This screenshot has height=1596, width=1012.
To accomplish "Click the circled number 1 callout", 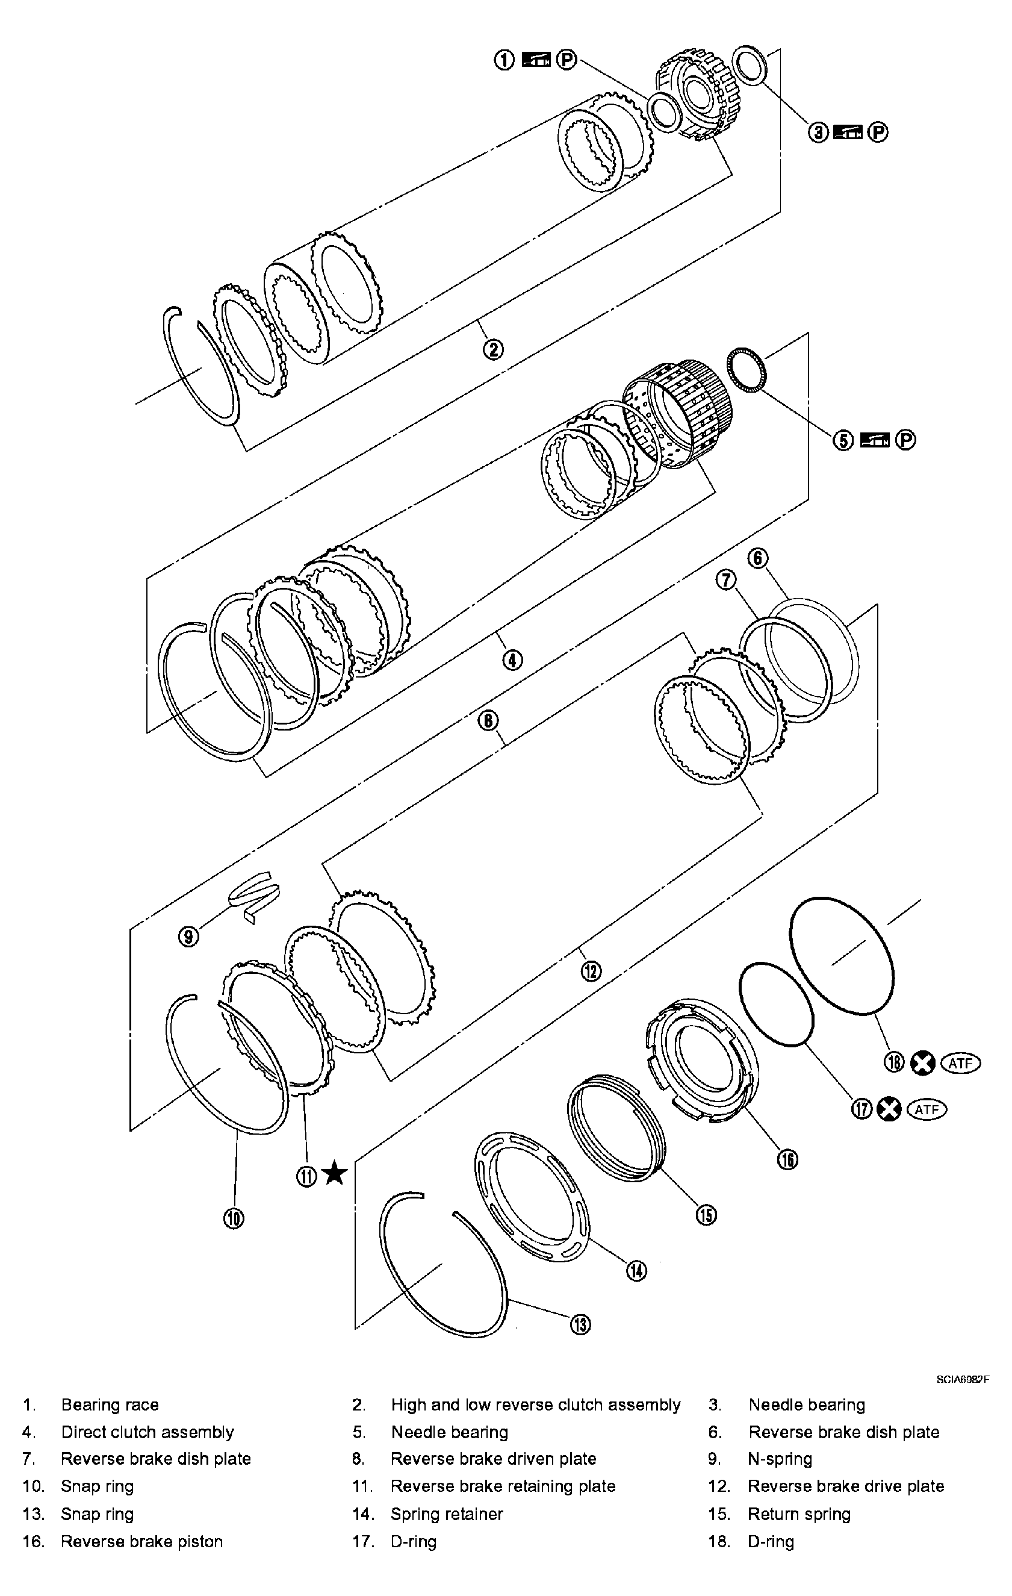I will (x=504, y=60).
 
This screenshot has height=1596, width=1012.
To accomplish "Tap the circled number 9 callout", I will (x=189, y=937).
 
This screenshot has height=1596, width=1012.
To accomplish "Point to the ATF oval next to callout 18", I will (x=960, y=1063).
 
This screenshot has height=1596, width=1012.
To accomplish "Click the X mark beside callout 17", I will (x=889, y=1109).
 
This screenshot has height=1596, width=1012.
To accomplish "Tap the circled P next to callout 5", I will (x=905, y=440).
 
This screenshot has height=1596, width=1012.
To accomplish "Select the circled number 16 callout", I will (x=787, y=1159).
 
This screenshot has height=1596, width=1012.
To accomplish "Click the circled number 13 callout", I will (x=580, y=1324).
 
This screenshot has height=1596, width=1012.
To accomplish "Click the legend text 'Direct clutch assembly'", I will (x=147, y=1432).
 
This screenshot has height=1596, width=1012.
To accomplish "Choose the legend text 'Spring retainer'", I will (x=447, y=1514).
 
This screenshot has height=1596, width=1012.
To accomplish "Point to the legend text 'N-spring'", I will (x=780, y=1459).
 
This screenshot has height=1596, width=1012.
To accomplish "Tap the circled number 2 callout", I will (x=493, y=349).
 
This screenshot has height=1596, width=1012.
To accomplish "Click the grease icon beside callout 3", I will (x=848, y=132).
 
